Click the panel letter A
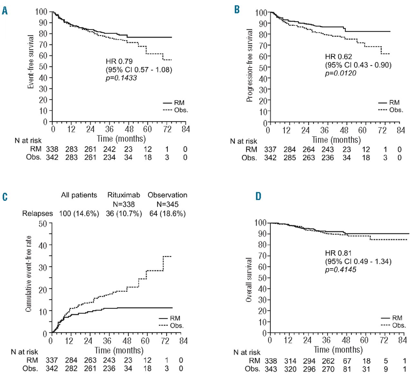(x=5, y=11)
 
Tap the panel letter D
(x=258, y=196)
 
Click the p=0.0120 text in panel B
(x=341, y=73)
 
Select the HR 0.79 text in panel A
(x=119, y=61)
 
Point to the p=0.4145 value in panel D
(x=341, y=269)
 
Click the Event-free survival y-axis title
(x=31, y=62)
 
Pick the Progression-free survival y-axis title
(x=249, y=65)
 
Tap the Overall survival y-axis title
(x=248, y=279)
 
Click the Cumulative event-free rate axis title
(x=28, y=274)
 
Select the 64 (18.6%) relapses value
(x=167, y=213)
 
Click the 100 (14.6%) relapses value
(x=79, y=213)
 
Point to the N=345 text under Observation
(x=167, y=204)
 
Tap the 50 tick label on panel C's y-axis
(x=43, y=223)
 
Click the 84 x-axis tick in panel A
(x=185, y=129)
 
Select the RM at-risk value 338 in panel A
(x=52, y=149)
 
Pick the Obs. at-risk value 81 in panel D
(x=347, y=369)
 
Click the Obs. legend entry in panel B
(x=396, y=110)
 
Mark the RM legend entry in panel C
(x=175, y=318)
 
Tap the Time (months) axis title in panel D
(x=338, y=350)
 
